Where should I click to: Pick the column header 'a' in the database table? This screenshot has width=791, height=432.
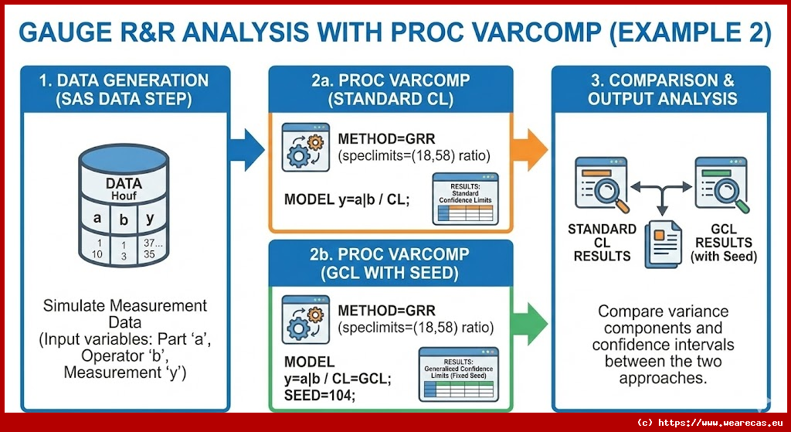97,218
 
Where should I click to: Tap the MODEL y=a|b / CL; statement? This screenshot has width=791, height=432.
347,199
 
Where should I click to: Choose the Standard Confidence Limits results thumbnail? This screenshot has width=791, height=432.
464,199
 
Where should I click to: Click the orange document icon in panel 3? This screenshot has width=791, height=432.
661,241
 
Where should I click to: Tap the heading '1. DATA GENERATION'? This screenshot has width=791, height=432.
124,80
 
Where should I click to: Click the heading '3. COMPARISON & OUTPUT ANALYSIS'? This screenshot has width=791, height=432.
662,90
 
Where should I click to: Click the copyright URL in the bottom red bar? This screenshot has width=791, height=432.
718,423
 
